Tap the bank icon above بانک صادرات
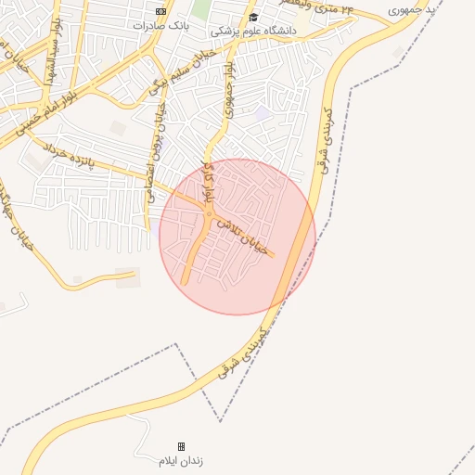point(160,11)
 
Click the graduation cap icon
point(253,17)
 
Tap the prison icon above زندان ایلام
point(181,446)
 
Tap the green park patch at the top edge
point(201,8)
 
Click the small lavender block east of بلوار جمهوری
point(264,113)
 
